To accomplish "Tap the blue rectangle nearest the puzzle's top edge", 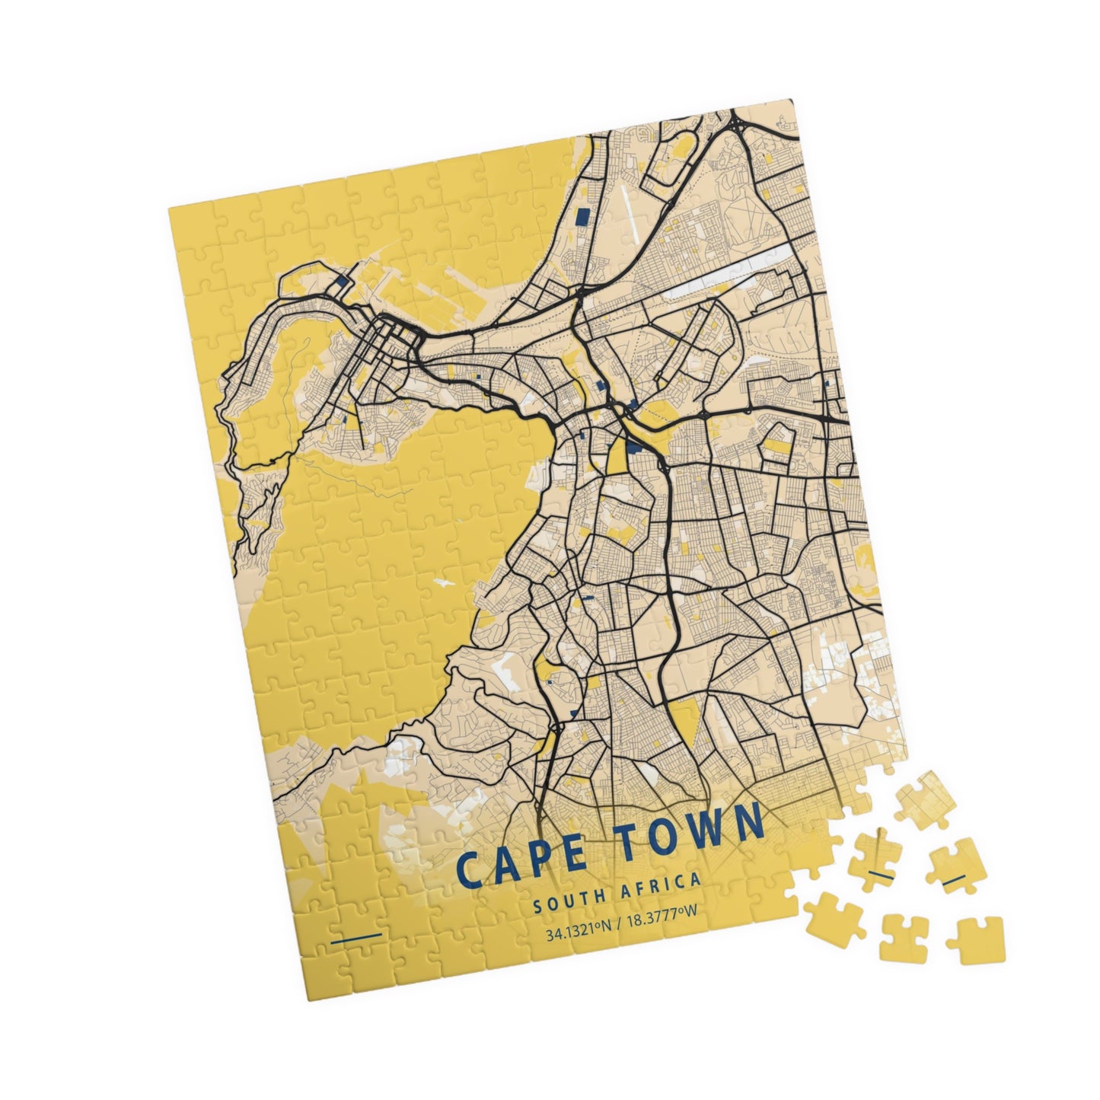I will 583,218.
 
